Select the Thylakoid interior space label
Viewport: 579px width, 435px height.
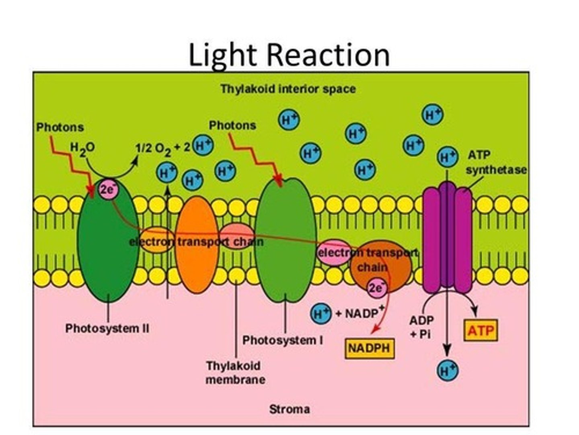pos(288,89)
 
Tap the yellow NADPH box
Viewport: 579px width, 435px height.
pos(369,348)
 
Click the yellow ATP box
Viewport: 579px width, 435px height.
pos(480,330)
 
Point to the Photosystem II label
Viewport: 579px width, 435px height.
pos(107,328)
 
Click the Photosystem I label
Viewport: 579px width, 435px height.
pos(282,340)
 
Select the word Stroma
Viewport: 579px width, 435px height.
pos(289,409)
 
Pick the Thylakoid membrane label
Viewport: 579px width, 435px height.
pos(235,373)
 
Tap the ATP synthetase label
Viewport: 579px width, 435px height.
pos(495,163)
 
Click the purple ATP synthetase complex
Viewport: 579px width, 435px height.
pos(447,238)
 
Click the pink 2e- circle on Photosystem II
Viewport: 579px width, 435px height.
pos(107,189)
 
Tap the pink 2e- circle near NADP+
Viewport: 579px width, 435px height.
pos(377,288)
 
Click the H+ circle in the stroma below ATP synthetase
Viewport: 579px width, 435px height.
pos(448,370)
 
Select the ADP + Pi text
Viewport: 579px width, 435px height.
pos(421,327)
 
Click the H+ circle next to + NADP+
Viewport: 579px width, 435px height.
pos(321,313)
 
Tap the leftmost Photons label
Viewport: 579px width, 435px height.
pos(60,127)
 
